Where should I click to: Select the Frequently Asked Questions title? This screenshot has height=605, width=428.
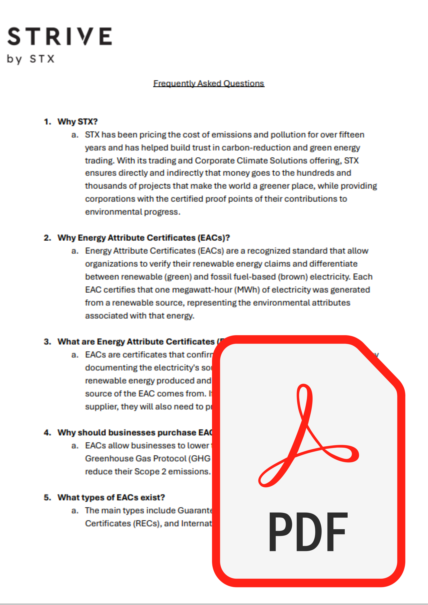pos(209,83)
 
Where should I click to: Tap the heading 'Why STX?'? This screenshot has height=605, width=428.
pos(77,122)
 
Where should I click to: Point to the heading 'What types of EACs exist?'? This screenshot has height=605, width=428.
pos(111,497)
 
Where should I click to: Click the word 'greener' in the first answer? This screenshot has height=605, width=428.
pos(274,186)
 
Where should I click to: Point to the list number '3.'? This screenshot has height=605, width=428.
pos(47,342)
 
